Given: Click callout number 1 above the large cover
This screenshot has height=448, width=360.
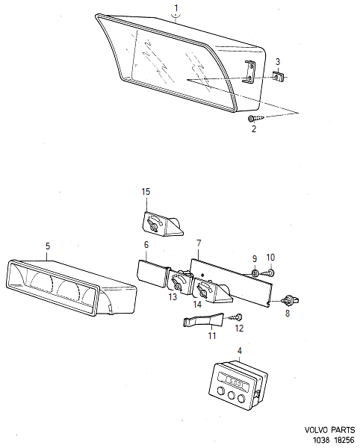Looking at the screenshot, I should pyautogui.click(x=176, y=9).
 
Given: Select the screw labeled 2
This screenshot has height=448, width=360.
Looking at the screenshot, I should pyautogui.click(x=253, y=118).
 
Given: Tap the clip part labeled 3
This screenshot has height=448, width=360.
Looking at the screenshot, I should pyautogui.click(x=279, y=75).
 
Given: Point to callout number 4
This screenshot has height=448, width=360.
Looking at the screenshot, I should pyautogui.click(x=239, y=350).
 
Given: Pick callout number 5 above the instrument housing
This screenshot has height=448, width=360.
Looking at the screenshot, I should pyautogui.click(x=48, y=246).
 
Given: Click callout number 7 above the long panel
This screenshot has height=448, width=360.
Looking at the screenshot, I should pyautogui.click(x=199, y=243).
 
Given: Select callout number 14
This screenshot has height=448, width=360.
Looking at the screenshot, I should pyautogui.click(x=198, y=304).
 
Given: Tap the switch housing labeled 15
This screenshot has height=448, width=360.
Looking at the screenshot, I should pyautogui.click(x=161, y=223).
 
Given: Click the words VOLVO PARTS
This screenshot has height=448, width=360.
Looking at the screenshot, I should pyautogui.click(x=329, y=431).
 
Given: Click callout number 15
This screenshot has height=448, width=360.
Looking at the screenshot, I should pyautogui.click(x=146, y=192).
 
